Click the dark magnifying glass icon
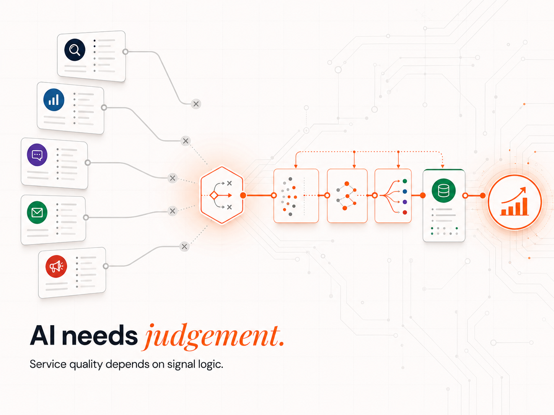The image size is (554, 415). pyautogui.click(x=75, y=50)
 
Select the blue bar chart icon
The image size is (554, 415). pyautogui.click(x=54, y=100)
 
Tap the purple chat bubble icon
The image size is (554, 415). pyautogui.click(x=37, y=155)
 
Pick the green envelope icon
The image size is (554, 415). pyautogui.click(x=37, y=212)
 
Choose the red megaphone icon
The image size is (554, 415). pyautogui.click(x=56, y=266)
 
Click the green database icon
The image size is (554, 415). pyautogui.click(x=443, y=190)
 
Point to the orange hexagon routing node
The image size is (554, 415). pyautogui.click(x=222, y=195)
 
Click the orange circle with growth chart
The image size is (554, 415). pyautogui.click(x=515, y=202)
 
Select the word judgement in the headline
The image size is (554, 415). pyautogui.click(x=213, y=336)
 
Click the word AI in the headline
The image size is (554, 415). pyautogui.click(x=42, y=336)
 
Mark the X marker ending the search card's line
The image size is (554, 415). pyautogui.click(x=196, y=104)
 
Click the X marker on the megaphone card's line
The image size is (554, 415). pyautogui.click(x=184, y=246)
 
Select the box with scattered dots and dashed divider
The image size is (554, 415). pyautogui.click(x=296, y=196)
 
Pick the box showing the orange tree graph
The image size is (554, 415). pyautogui.click(x=347, y=196)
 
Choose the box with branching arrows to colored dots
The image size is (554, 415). pyautogui.click(x=393, y=196)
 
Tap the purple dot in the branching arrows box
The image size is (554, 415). pyautogui.click(x=405, y=202)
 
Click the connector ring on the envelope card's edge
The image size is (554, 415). pyautogui.click(x=86, y=217)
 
